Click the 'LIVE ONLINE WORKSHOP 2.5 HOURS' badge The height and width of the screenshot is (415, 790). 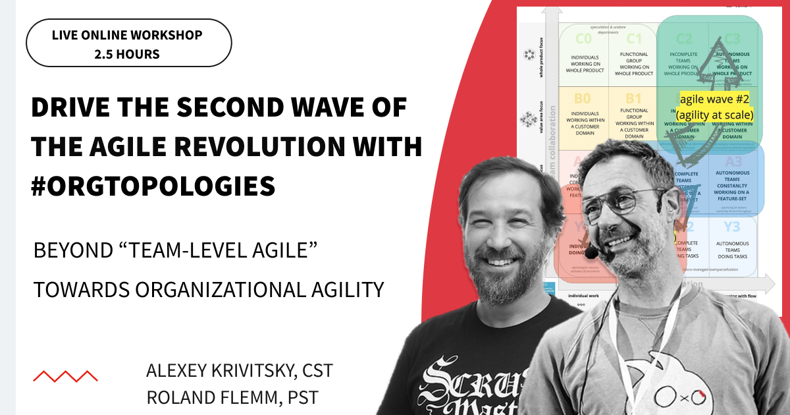point(128,43)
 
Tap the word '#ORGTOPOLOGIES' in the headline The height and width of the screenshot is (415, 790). point(153,186)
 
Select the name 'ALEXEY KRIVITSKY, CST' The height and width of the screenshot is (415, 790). point(240,370)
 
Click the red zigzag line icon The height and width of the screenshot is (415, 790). point(65,376)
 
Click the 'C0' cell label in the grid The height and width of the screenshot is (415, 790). point(583,38)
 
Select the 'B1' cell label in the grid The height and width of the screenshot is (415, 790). point(633,99)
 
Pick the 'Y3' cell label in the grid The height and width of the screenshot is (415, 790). point(731,227)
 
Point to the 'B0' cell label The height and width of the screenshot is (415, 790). point(583,99)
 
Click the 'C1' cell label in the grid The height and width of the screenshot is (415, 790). point(633,38)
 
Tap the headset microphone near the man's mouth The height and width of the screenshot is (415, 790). point(591,253)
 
